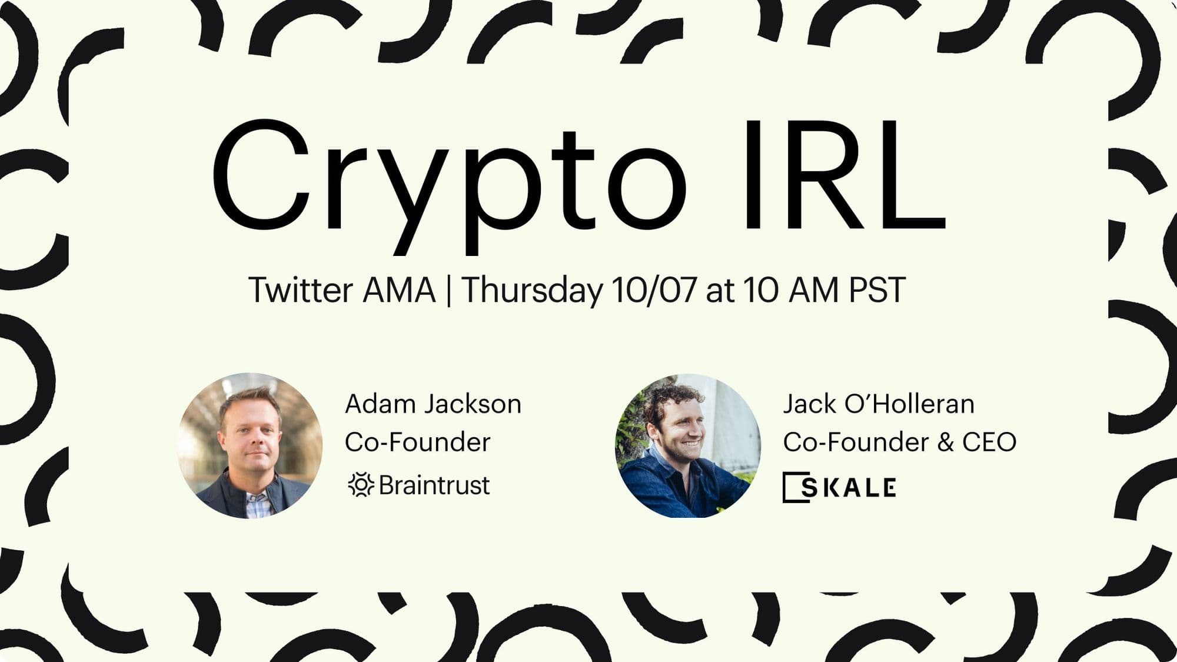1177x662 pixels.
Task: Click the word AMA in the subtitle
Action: click(x=399, y=290)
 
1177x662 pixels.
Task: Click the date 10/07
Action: click(x=654, y=290)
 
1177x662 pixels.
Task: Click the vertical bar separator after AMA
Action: click(x=449, y=291)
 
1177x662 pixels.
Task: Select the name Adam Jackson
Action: click(x=433, y=404)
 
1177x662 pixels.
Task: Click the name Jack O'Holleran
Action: click(x=879, y=404)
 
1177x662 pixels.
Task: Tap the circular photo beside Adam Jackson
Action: click(x=250, y=445)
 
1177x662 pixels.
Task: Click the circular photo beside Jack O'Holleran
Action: click(x=688, y=445)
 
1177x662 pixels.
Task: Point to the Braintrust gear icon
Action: click(x=361, y=485)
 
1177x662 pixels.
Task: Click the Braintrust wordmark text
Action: click(x=434, y=485)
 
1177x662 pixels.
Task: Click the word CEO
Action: click(x=989, y=443)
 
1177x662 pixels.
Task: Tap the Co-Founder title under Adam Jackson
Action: click(x=417, y=443)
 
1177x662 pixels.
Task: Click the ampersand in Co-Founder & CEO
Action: click(x=946, y=443)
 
